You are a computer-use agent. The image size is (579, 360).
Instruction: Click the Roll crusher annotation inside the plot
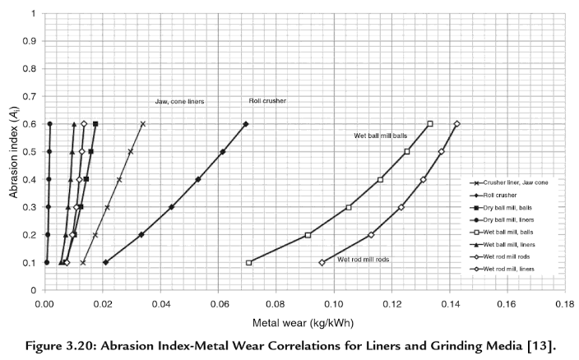[x=267, y=101]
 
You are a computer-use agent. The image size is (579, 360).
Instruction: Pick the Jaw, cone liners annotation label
[x=179, y=101]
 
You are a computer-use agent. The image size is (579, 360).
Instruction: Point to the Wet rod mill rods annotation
[x=364, y=259]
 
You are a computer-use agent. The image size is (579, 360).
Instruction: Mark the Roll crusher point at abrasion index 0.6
[x=246, y=124]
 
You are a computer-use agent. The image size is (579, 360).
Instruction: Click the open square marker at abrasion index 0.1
[x=248, y=263]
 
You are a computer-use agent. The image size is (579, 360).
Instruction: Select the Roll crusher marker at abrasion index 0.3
[x=171, y=207]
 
